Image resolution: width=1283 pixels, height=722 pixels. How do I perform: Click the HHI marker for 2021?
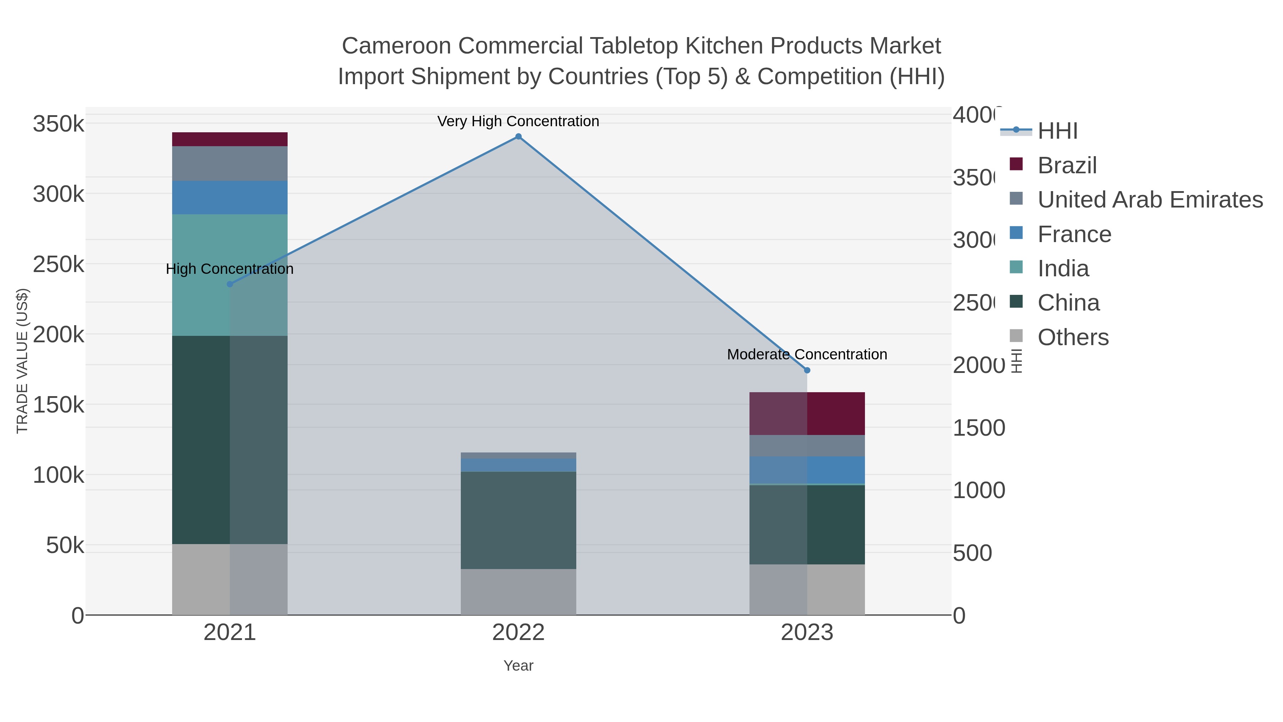pyautogui.click(x=230, y=285)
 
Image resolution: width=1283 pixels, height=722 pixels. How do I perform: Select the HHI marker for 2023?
pyautogui.click(x=807, y=370)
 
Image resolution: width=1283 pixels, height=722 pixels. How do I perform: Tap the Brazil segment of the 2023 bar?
pyautogui.click(x=807, y=414)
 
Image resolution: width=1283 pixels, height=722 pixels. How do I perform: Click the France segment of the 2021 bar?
pyautogui.click(x=230, y=197)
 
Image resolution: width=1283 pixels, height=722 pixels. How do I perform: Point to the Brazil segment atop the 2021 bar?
pyautogui.click(x=230, y=139)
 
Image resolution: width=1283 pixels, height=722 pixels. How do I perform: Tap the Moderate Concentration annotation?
pyautogui.click(x=807, y=354)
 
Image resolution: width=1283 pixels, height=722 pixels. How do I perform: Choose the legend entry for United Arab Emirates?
pyautogui.click(x=1149, y=199)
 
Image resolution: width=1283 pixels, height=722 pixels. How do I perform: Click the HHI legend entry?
pyautogui.click(x=1057, y=131)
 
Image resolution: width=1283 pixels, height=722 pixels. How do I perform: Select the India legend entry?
pyautogui.click(x=1063, y=268)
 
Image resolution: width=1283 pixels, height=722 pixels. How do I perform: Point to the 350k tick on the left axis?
pyautogui.click(x=58, y=124)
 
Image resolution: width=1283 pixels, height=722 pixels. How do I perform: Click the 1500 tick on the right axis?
pyautogui.click(x=979, y=428)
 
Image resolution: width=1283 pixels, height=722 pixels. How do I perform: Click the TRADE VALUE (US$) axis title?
pyautogui.click(x=22, y=361)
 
